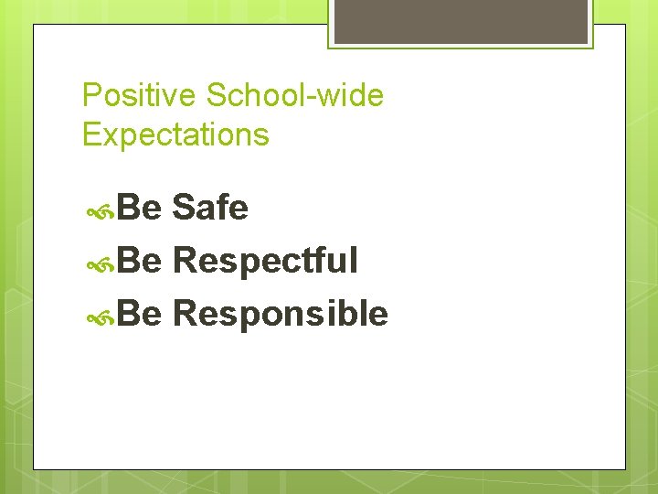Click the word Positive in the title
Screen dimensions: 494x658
[x=140, y=96]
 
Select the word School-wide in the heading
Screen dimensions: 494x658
[x=295, y=96]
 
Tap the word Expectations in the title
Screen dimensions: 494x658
[x=175, y=135]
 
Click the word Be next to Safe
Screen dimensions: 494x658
[x=140, y=209]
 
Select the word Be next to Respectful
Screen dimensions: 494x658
[x=140, y=262]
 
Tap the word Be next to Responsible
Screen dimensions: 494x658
[x=140, y=315]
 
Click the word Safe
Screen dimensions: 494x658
[x=210, y=209]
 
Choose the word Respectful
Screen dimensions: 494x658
[x=265, y=262]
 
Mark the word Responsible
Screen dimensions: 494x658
[x=281, y=315]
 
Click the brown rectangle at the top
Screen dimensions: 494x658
[x=460, y=20]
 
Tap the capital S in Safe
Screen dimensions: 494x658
[x=183, y=209]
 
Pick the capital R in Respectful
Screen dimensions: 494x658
[x=185, y=262]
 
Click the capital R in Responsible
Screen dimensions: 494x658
[x=185, y=315]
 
